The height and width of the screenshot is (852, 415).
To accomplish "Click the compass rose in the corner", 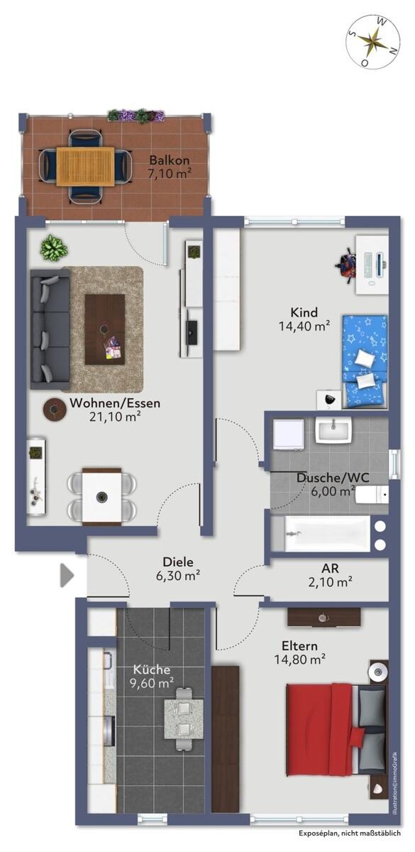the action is (x=373, y=41).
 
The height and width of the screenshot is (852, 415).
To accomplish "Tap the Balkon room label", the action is (x=169, y=160).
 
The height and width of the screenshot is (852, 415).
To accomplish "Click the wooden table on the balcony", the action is (x=85, y=167).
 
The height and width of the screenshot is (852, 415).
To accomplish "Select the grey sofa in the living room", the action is (x=50, y=329).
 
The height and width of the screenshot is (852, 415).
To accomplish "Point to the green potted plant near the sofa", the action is (x=54, y=248).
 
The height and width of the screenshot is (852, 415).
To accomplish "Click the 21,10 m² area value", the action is (x=116, y=417).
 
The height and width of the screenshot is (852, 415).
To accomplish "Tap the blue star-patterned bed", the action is (x=365, y=361).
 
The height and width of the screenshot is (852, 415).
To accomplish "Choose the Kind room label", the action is (x=304, y=312).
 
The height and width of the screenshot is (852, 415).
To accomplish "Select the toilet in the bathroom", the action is (x=372, y=494).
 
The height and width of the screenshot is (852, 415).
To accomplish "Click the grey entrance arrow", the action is (x=67, y=574).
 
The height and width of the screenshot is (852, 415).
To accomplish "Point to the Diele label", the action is (x=178, y=562).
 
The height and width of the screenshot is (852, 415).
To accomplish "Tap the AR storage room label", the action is (x=330, y=568).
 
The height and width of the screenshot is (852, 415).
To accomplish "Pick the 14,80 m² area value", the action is (x=300, y=659).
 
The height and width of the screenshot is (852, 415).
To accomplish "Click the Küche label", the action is (x=152, y=670).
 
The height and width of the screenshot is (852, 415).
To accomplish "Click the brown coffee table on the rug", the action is (x=105, y=329).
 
